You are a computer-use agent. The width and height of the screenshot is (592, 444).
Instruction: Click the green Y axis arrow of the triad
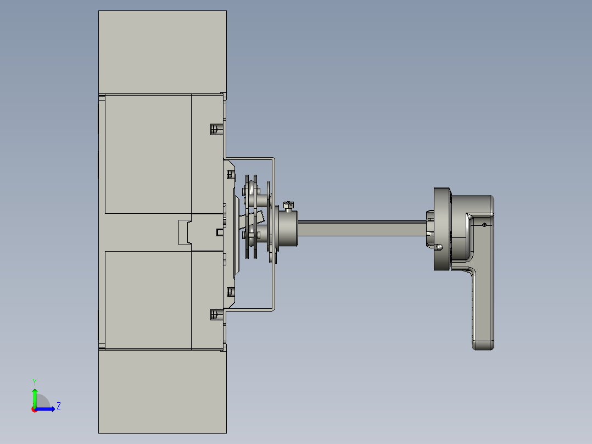[x=35, y=395]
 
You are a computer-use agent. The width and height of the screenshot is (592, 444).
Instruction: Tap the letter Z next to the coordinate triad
[x=58, y=406]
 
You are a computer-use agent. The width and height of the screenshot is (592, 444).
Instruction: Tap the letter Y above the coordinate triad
[x=34, y=381]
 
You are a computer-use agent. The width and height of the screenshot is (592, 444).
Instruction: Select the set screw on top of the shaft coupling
[x=289, y=206]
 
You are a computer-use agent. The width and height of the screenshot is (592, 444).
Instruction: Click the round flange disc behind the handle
[x=440, y=229]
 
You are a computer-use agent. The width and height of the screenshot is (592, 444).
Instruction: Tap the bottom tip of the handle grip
[x=483, y=345]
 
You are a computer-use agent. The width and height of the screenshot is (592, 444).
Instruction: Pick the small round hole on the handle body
[x=484, y=225]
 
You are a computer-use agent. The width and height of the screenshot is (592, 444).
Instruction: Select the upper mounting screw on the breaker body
[x=215, y=129]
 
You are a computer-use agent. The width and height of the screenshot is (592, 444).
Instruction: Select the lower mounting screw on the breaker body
[x=215, y=314]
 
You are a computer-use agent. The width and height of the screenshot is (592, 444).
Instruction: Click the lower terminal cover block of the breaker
[x=162, y=391]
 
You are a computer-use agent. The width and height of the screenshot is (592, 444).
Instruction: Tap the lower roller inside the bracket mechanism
[x=251, y=234]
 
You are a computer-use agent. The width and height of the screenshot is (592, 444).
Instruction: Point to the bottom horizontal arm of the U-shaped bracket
[x=250, y=309]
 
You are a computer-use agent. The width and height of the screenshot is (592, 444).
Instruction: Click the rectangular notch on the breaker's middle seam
[x=185, y=232]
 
